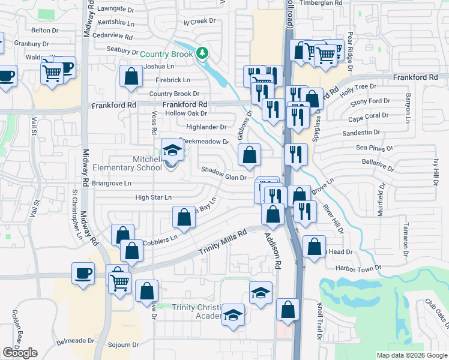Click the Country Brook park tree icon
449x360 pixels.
click(203, 53)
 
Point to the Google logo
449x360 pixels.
click(20, 353)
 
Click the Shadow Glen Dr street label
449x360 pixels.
click(223, 177)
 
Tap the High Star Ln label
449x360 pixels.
click(153, 197)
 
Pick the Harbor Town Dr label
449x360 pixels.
click(359, 267)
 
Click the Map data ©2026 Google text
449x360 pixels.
click(412, 355)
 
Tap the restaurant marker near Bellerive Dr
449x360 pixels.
click(297, 154)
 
